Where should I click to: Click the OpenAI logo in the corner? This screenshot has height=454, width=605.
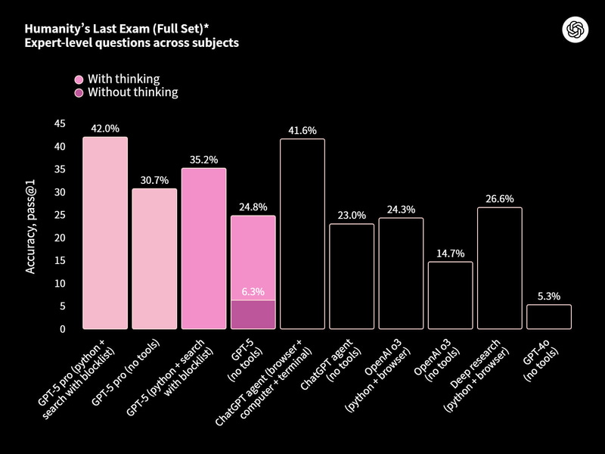click(576, 29)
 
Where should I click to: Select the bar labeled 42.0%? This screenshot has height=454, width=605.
click(105, 233)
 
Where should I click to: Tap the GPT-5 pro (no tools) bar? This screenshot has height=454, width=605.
click(154, 259)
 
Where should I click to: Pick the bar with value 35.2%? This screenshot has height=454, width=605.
click(204, 248)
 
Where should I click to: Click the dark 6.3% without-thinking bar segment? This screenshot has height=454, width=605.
click(253, 315)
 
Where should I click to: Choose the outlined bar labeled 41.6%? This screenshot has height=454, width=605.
click(302, 234)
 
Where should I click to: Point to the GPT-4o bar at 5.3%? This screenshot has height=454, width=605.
click(549, 317)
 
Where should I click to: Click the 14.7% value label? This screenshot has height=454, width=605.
click(451, 253)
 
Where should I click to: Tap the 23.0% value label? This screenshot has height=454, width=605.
click(352, 215)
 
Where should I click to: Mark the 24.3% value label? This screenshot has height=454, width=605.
click(401, 209)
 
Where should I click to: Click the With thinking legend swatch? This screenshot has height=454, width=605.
click(79, 79)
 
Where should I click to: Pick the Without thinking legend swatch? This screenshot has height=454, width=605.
click(79, 93)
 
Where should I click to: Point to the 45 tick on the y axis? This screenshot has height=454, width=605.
click(60, 123)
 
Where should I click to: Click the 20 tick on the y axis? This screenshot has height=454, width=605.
click(60, 238)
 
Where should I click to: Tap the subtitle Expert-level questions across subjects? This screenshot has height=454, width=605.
click(132, 43)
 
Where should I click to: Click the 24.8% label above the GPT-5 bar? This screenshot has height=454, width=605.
click(253, 207)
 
